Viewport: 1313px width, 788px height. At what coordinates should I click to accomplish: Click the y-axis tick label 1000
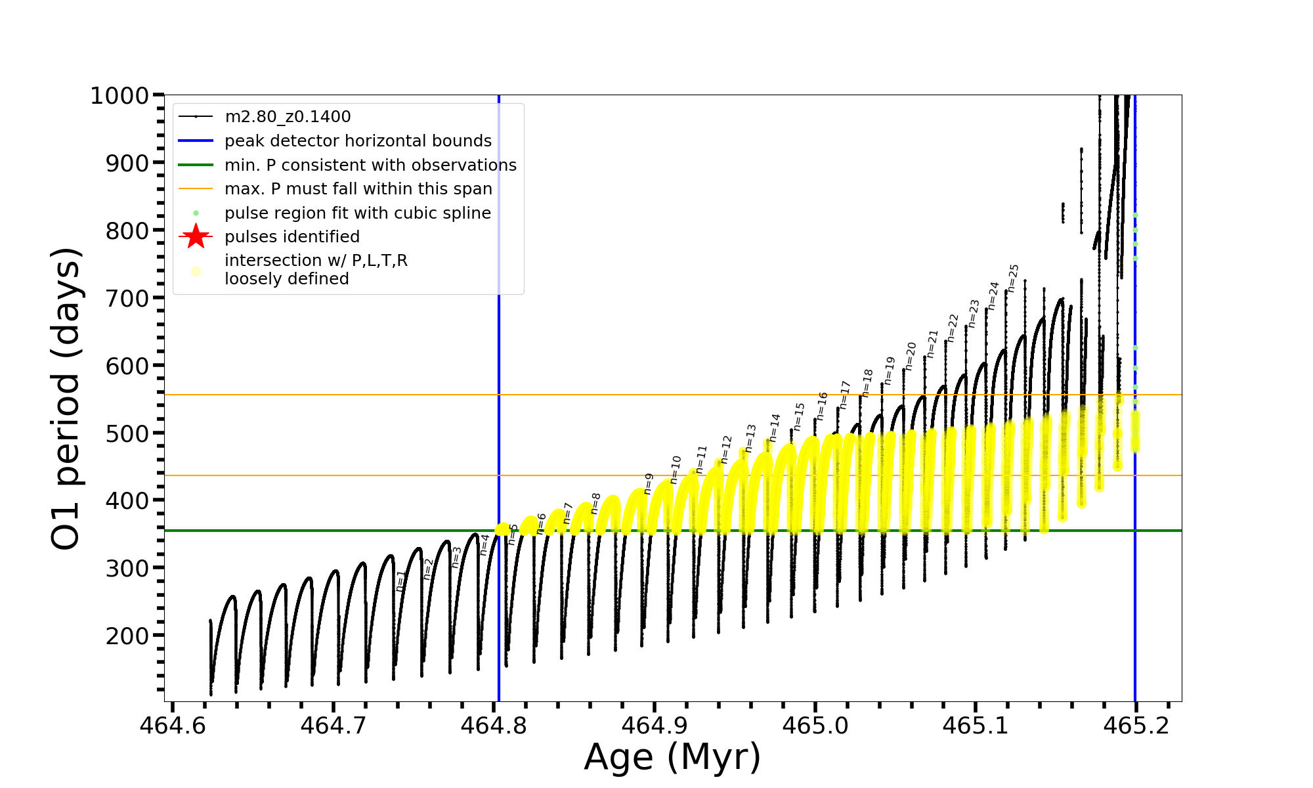click(x=119, y=96)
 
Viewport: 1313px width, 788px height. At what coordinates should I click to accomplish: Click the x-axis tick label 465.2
click(x=1136, y=726)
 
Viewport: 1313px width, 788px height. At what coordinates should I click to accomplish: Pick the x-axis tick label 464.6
click(x=172, y=726)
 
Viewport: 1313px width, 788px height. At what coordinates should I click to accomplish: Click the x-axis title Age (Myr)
click(x=672, y=757)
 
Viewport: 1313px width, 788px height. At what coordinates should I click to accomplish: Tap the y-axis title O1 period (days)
click(x=66, y=399)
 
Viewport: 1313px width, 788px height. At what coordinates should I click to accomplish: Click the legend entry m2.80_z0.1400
click(x=288, y=117)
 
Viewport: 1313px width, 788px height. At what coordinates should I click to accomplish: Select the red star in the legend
click(x=196, y=236)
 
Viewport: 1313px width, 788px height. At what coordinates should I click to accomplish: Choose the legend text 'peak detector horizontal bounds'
click(x=358, y=141)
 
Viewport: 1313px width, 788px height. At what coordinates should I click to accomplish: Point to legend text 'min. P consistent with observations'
click(x=370, y=165)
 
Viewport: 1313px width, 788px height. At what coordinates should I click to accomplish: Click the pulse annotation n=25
click(x=1014, y=278)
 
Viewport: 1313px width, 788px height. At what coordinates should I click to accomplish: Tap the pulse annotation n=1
click(x=401, y=581)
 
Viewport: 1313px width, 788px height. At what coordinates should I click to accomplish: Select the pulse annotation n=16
click(x=822, y=406)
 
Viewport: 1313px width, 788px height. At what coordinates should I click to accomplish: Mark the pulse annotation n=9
click(x=649, y=483)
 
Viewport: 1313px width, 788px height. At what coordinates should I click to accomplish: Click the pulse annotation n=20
click(x=911, y=356)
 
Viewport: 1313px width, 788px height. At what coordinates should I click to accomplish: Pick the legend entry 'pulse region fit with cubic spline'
click(x=357, y=213)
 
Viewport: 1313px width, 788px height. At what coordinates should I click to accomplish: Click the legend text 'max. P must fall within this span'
click(x=358, y=189)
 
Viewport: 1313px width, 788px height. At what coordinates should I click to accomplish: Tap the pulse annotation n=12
click(x=726, y=449)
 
